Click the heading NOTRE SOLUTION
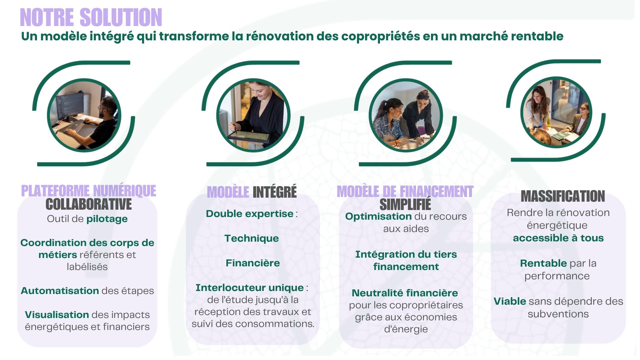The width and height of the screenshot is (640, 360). pos(91,17)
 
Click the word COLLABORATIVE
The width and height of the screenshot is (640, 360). pos(89,204)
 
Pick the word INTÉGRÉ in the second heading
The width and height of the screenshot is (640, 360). pos(275,192)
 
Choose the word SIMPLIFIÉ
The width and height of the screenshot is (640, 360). pos(405,204)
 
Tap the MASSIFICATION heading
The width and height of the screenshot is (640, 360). pos(563,196)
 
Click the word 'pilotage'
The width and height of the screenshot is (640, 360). pos(107,219)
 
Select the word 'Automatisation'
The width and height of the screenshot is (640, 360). pos(60,291)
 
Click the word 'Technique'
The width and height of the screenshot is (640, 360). pos(252,238)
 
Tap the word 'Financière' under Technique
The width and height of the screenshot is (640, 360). pos(253,263)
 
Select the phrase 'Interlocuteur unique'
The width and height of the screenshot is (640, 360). pos(250,288)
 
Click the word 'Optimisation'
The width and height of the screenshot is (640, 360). pos(378,216)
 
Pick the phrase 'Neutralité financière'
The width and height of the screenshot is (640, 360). pos(405,293)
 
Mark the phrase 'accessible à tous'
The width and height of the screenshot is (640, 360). pos(558,238)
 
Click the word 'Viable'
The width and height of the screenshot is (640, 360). pos(510,301)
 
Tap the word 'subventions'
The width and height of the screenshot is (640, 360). pos(558,314)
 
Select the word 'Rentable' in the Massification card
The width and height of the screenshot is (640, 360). pos(543,263)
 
